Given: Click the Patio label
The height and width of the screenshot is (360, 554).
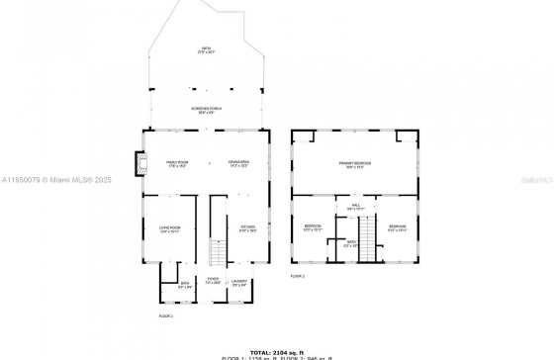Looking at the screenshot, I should (206, 49).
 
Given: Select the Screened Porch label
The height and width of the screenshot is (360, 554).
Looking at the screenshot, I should (206, 111).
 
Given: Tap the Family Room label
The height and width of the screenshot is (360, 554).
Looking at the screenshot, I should (177, 163).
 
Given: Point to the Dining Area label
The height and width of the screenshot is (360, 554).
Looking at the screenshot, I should (238, 163).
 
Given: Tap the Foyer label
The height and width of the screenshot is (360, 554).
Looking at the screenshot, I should (213, 280).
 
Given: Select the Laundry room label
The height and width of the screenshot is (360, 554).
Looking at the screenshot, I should (239, 283).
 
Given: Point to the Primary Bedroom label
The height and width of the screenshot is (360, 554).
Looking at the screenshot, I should (354, 166).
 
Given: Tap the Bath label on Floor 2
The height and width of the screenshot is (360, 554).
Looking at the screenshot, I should (351, 242).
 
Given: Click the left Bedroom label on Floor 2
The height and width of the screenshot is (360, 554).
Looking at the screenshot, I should (313, 227).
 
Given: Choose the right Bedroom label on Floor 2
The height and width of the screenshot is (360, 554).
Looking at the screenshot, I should (397, 227).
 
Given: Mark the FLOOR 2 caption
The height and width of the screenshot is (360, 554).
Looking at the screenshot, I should (297, 277).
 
